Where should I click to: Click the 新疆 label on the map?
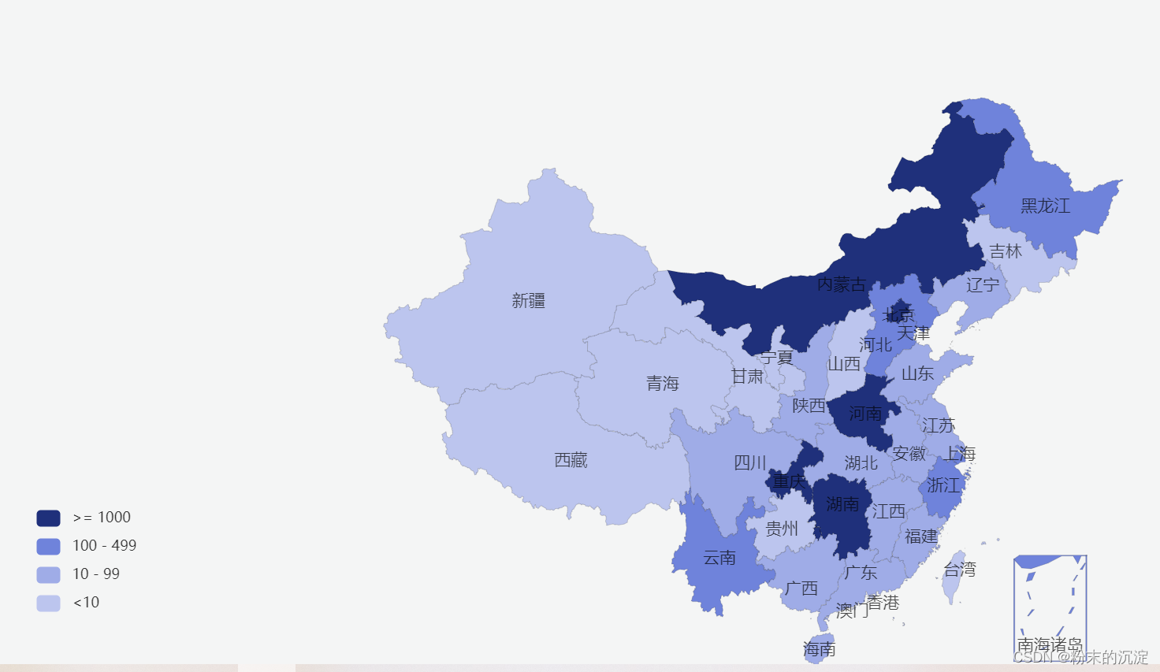(x=528, y=300)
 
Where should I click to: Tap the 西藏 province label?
(x=571, y=460)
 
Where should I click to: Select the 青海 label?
(x=662, y=384)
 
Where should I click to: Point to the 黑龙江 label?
(x=1045, y=206)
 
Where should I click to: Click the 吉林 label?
(x=1006, y=251)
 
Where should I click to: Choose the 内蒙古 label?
(x=841, y=284)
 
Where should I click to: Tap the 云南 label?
(x=719, y=558)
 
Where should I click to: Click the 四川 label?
(x=749, y=462)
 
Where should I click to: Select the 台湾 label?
(x=960, y=570)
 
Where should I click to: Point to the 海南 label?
(x=819, y=649)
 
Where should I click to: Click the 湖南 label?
(x=842, y=503)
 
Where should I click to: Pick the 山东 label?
(x=917, y=373)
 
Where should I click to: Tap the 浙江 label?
(x=943, y=485)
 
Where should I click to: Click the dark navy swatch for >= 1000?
(x=48, y=518)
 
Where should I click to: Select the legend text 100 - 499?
(x=104, y=546)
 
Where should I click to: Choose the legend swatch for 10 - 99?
(x=48, y=574)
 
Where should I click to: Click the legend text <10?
(x=86, y=603)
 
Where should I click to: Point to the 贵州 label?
(x=782, y=529)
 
